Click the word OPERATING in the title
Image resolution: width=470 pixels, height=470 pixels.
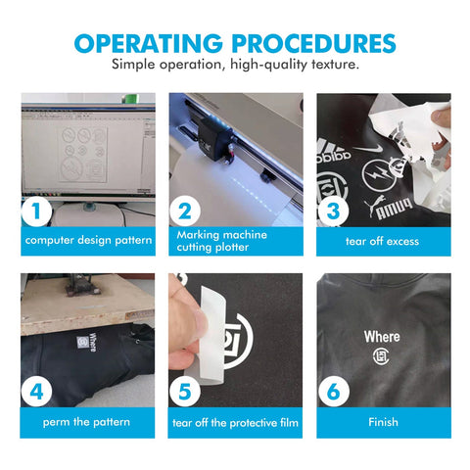[x=149, y=43]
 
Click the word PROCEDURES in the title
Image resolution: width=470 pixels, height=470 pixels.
[x=313, y=43]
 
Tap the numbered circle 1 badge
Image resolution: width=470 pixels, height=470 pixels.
[x=36, y=211]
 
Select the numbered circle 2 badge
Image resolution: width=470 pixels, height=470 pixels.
[x=185, y=211]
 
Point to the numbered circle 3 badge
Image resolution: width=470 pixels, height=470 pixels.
[x=333, y=211]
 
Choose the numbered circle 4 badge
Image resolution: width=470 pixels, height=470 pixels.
[x=36, y=392]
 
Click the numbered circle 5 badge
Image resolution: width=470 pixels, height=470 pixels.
[x=185, y=392]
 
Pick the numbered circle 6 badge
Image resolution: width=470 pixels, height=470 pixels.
[x=333, y=392]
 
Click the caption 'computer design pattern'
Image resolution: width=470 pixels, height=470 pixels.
[x=88, y=241]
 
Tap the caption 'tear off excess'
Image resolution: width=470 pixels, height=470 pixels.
[x=382, y=241]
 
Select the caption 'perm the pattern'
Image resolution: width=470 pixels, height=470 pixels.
[x=86, y=422]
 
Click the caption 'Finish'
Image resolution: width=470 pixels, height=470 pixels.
[x=383, y=422]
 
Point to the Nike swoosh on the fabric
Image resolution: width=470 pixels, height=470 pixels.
[x=368, y=149]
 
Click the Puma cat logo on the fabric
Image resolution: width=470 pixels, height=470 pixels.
[x=375, y=205]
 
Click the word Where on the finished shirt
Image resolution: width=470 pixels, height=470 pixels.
[x=382, y=337]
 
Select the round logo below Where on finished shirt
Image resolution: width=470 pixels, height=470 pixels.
[x=381, y=356]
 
